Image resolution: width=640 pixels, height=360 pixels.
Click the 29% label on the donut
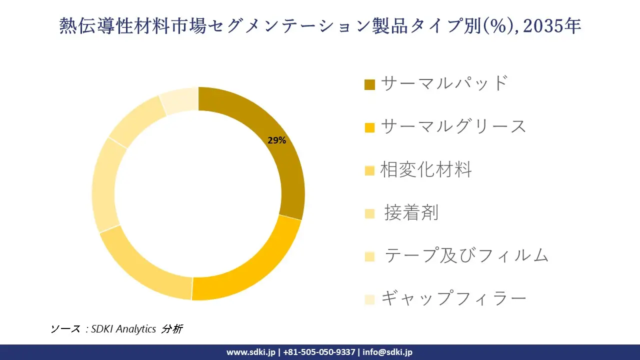click(x=276, y=140)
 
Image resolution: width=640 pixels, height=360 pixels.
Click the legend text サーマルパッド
click(x=444, y=83)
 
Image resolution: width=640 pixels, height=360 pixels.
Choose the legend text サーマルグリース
click(x=453, y=126)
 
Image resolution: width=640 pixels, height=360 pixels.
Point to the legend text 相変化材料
click(x=426, y=170)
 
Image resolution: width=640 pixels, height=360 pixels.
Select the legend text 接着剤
click(x=411, y=213)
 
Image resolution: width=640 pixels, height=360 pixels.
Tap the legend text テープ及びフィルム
click(x=466, y=255)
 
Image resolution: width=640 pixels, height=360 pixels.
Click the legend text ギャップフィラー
click(x=453, y=299)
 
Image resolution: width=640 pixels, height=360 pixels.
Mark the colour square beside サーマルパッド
click(x=369, y=84)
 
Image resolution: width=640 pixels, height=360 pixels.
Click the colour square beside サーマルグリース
click(x=369, y=127)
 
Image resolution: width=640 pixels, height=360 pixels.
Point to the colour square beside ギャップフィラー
click(x=369, y=299)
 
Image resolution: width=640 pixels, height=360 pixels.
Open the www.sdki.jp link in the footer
click(x=250, y=352)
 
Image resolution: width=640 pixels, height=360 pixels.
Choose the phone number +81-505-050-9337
click(x=318, y=352)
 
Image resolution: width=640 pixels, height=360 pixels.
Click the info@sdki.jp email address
click(x=388, y=352)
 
